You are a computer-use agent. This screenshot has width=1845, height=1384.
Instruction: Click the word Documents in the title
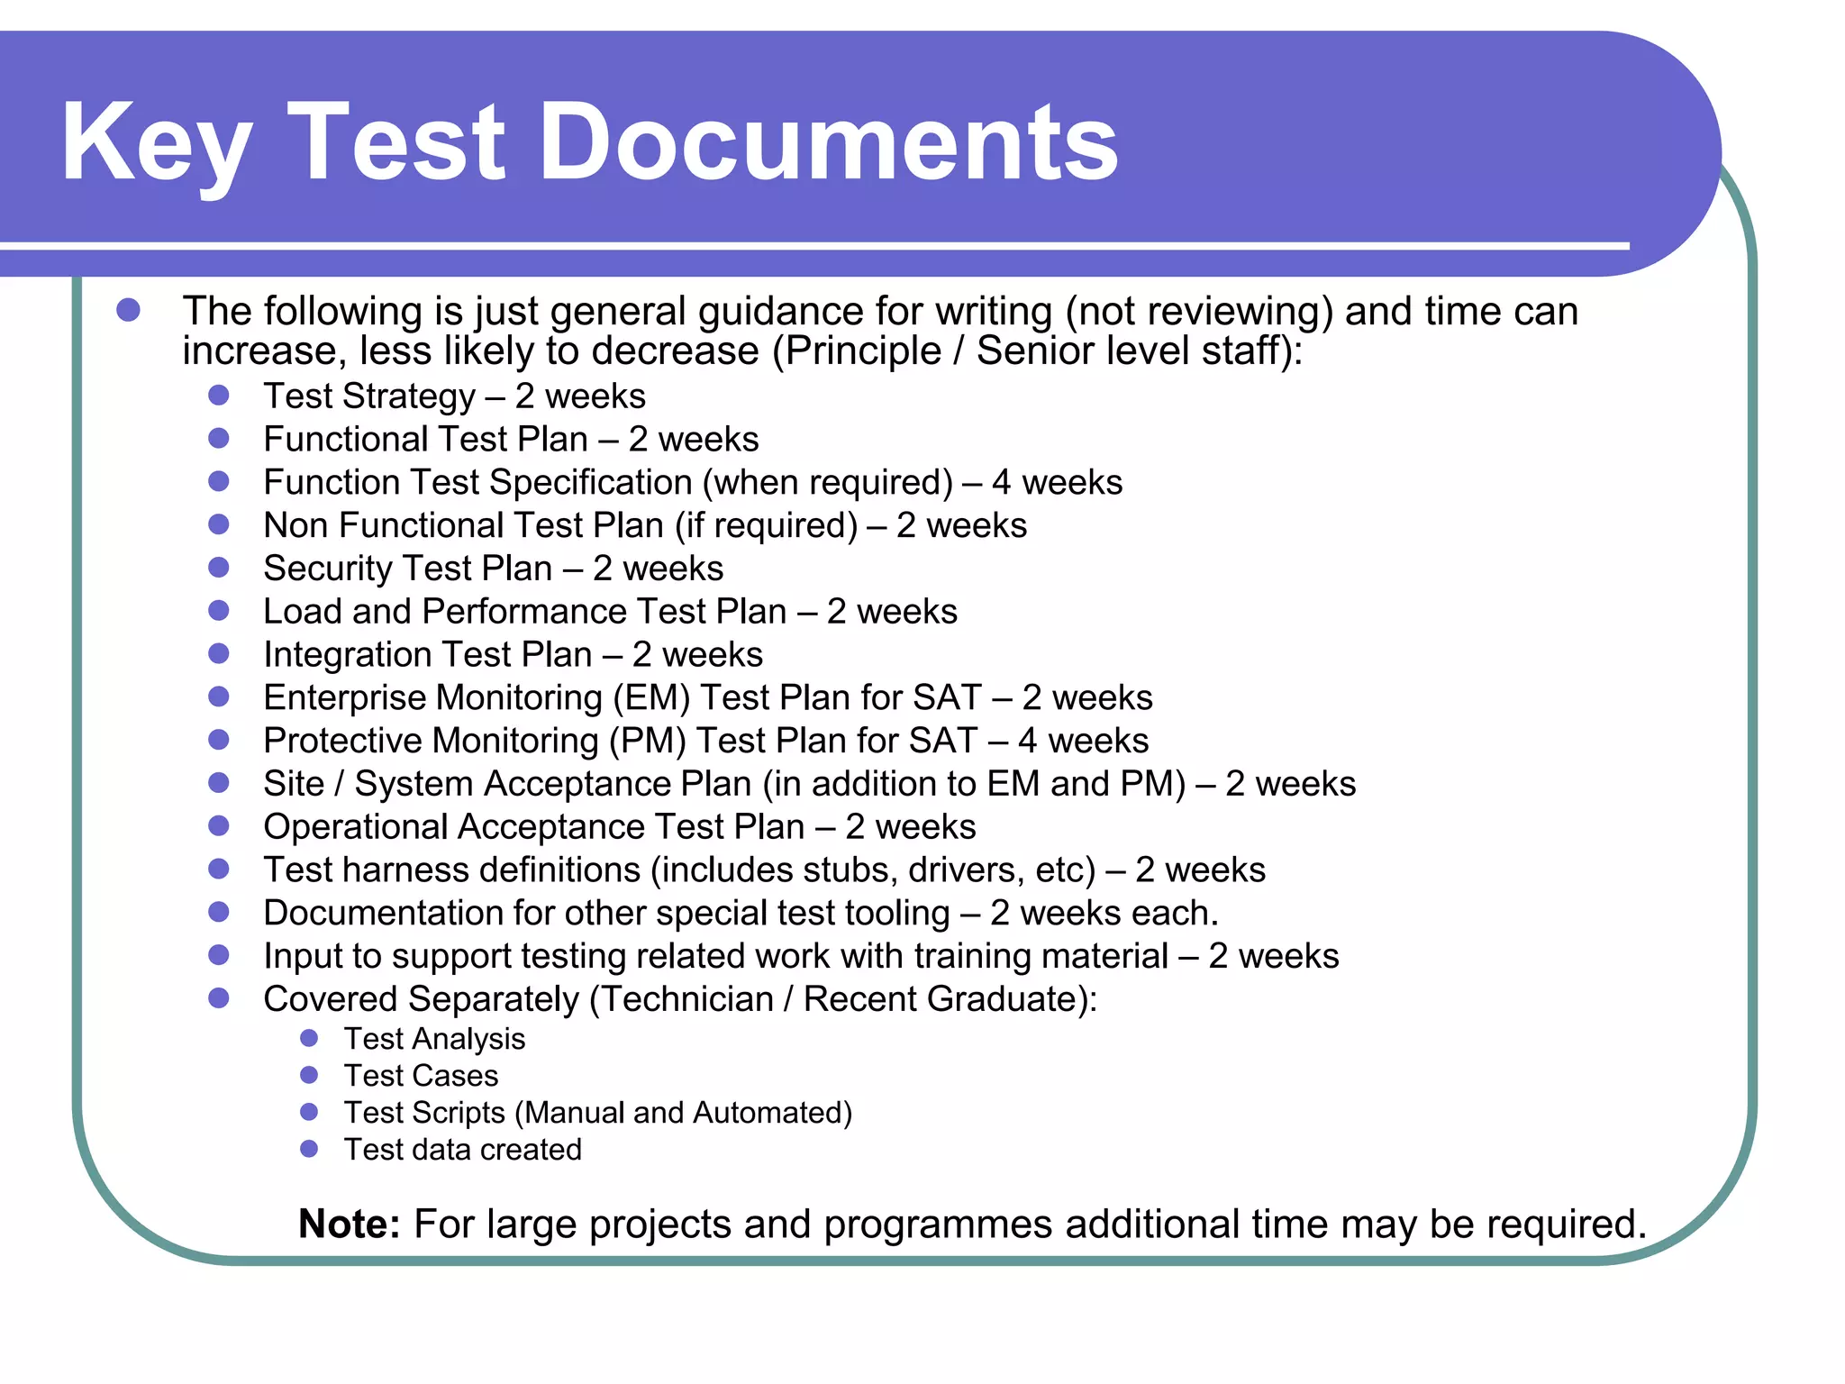(x=829, y=142)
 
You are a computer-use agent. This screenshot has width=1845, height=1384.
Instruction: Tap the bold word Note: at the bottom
(x=350, y=1224)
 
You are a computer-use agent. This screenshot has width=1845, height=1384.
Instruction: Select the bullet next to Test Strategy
(x=219, y=396)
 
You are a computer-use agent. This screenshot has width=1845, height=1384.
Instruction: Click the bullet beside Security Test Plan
(x=219, y=568)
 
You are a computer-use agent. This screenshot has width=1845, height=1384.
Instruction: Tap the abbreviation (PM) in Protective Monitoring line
(x=648, y=741)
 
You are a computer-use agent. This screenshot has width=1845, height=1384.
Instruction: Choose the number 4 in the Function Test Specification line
(x=1001, y=483)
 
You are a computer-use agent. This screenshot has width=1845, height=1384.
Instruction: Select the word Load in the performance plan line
(x=302, y=612)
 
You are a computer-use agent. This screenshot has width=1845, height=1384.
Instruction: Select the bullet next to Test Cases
(x=309, y=1075)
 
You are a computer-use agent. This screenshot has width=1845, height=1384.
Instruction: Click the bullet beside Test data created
(x=309, y=1149)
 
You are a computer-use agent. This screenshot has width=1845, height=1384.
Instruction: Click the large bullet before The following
(x=129, y=311)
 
